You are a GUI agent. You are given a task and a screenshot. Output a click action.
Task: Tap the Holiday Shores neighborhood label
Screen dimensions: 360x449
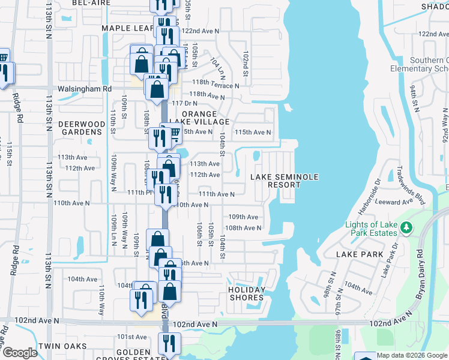[x=247, y=293]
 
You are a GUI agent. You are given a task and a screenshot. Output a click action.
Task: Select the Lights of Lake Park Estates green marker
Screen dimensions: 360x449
[x=406, y=227]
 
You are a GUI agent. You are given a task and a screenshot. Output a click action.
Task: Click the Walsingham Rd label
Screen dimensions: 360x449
[x=85, y=88]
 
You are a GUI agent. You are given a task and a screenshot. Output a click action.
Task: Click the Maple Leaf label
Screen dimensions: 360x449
[x=128, y=28]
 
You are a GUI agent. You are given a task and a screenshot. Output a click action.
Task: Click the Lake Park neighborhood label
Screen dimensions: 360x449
[x=360, y=254]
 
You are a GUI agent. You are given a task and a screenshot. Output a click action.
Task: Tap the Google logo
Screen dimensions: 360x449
[x=19, y=353]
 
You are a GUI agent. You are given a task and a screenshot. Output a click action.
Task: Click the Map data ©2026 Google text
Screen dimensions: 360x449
[x=412, y=355]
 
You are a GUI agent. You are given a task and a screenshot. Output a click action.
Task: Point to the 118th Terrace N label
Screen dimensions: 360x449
[x=215, y=85]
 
